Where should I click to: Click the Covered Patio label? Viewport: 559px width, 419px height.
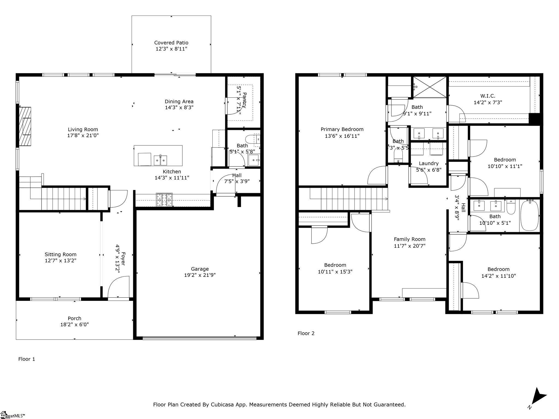click(x=171, y=43)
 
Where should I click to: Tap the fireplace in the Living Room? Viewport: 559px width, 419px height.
click(x=25, y=126)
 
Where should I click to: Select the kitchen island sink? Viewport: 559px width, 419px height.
click(x=160, y=160)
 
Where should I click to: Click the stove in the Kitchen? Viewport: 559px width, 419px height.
click(x=164, y=200)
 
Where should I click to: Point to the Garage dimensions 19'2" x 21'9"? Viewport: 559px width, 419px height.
click(x=200, y=275)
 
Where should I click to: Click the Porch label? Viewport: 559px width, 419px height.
click(x=75, y=318)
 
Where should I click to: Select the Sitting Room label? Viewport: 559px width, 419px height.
click(x=61, y=255)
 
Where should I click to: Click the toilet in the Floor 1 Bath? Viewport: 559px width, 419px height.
click(x=252, y=139)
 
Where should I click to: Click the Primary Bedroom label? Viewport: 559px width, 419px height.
click(x=342, y=129)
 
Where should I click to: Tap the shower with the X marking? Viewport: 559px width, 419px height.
click(x=430, y=87)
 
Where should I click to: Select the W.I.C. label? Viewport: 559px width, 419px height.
click(x=488, y=96)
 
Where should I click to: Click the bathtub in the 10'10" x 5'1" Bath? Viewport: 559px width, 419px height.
click(x=530, y=216)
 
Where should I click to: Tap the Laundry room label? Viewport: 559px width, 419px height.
click(x=429, y=163)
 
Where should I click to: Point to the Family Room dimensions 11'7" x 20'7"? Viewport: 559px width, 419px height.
click(x=409, y=246)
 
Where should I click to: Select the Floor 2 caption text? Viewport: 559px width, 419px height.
click(x=306, y=333)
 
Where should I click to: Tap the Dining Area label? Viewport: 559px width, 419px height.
click(x=179, y=101)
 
